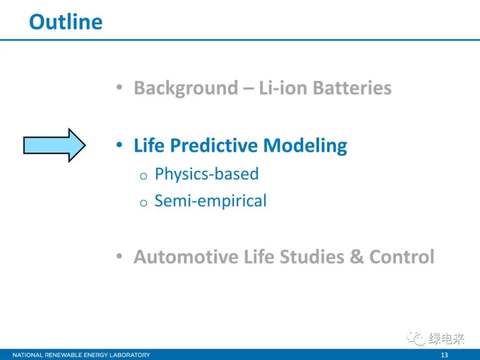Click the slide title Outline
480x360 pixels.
click(x=66, y=22)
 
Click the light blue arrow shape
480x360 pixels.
click(x=55, y=145)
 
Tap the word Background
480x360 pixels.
click(x=186, y=88)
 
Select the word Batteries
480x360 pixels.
click(x=352, y=88)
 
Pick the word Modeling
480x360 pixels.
click(x=305, y=146)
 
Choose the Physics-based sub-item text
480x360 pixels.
click(x=207, y=174)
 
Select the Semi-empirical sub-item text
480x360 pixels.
click(x=211, y=201)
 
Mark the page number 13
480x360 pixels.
click(x=444, y=355)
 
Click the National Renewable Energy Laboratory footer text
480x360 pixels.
click(x=81, y=355)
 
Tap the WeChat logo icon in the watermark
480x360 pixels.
click(x=416, y=338)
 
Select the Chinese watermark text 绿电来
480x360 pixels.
click(x=446, y=339)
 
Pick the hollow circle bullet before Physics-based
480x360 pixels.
click(x=143, y=176)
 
